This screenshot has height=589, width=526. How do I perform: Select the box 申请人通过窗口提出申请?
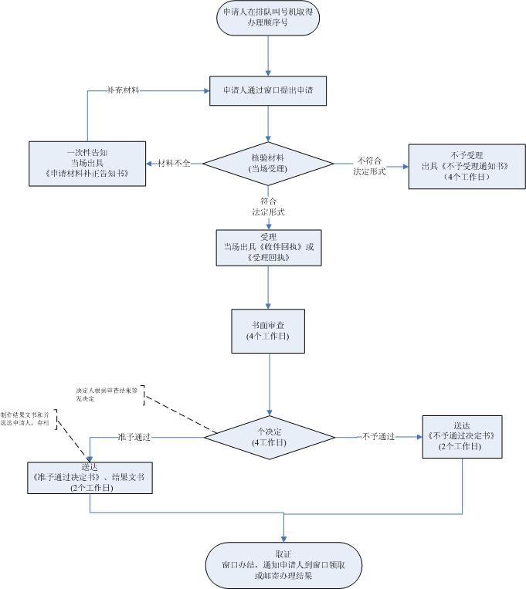pyautogui.click(x=267, y=90)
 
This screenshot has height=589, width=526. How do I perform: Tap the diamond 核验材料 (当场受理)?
pyautogui.click(x=267, y=163)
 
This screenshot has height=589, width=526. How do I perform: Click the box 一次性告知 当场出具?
pyautogui.click(x=87, y=163)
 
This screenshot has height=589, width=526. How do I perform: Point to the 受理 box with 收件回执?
pyautogui.click(x=267, y=247)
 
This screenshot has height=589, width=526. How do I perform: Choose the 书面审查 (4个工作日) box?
pyautogui.click(x=267, y=331)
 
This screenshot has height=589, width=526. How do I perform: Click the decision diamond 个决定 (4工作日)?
pyautogui.click(x=267, y=437)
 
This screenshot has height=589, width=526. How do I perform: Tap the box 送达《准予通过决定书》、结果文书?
pyautogui.click(x=90, y=478)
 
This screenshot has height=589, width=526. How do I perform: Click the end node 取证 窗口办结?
pyautogui.click(x=283, y=565)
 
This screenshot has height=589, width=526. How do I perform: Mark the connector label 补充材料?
pyautogui.click(x=123, y=90)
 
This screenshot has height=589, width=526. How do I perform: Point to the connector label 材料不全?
pyautogui.click(x=174, y=163)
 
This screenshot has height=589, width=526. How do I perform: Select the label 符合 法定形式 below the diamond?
pyautogui.click(x=268, y=206)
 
